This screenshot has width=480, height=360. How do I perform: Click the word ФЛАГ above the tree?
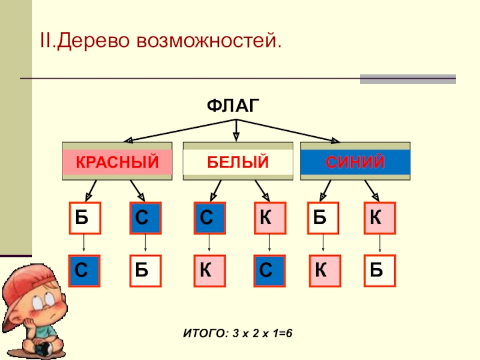[233, 106]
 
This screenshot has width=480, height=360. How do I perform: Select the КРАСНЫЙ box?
[117, 161]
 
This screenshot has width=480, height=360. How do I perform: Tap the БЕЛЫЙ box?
[238, 161]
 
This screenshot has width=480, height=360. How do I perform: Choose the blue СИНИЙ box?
[355, 161]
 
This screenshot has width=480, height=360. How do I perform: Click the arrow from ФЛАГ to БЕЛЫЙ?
[236, 130]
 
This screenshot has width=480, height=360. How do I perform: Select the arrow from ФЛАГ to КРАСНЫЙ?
[179, 131]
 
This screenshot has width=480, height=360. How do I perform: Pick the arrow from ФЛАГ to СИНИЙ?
[288, 131]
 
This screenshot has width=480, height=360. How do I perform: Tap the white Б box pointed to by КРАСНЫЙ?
[85, 218]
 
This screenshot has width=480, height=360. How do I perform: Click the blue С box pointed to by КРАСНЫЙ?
[145, 218]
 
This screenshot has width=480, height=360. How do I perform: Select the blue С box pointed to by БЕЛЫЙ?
[209, 218]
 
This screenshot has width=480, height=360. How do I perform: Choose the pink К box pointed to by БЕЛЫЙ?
[270, 218]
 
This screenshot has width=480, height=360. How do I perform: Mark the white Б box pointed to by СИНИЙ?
[323, 218]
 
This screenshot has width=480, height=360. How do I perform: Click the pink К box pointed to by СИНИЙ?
[380, 218]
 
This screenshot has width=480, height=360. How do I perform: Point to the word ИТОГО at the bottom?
[206, 334]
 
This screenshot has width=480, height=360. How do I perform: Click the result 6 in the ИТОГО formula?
[289, 333]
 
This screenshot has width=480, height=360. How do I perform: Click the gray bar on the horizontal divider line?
[408, 79]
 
